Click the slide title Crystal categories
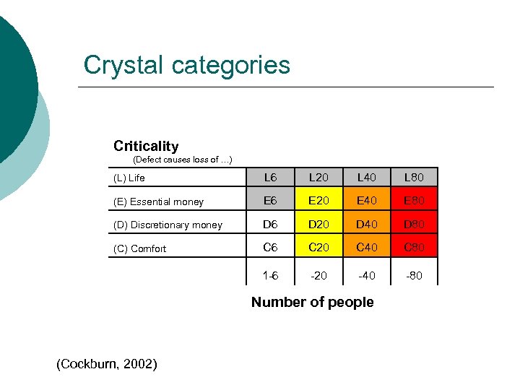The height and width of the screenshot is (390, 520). coord(186,65)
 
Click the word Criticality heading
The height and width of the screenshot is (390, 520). coord(146,146)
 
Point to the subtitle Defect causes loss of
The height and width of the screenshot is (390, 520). coord(183,160)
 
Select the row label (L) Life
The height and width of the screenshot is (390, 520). coord(129,178)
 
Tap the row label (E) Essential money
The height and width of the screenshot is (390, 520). coord(158,201)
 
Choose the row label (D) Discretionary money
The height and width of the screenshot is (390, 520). coord(168,225)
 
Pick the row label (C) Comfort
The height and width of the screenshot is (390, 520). coord(140,248)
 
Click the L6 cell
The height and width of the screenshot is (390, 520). coord(270,177)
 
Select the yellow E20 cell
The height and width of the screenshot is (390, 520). coord(318,201)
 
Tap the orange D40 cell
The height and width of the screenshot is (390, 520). coord(366,224)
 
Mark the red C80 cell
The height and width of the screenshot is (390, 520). coord(414,248)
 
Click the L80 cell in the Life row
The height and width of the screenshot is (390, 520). coord(414,177)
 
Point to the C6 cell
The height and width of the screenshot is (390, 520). coord(270,248)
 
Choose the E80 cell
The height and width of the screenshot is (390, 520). coord(414,201)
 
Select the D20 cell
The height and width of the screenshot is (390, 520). coord(318,224)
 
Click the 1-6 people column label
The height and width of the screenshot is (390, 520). coord(270,275)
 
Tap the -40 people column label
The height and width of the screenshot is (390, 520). coord(366,275)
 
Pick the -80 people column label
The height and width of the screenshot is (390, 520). coord(414,275)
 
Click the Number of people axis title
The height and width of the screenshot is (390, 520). coord(312,302)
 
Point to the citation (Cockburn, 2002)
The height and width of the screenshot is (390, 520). coord(106,364)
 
